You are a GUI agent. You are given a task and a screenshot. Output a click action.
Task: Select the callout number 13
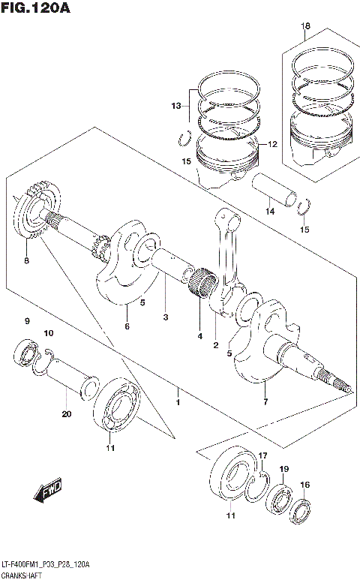click(175, 106)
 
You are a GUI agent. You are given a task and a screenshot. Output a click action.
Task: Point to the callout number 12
click(272, 144)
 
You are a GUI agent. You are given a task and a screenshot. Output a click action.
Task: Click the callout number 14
click(270, 212)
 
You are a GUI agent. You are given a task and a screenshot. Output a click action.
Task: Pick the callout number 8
click(26, 261)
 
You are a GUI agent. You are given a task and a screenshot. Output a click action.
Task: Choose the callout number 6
click(127, 326)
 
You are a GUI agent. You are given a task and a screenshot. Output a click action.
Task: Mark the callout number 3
click(165, 317)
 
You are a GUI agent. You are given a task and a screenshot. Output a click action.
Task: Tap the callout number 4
click(200, 336)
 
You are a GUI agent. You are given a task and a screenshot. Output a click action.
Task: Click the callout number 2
click(215, 344)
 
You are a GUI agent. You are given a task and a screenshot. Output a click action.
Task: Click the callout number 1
click(178, 403)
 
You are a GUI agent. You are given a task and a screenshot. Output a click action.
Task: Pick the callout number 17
click(262, 456)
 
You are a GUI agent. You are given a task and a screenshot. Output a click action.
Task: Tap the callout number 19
click(284, 469)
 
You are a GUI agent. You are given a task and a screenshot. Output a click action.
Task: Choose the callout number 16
click(304, 485)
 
